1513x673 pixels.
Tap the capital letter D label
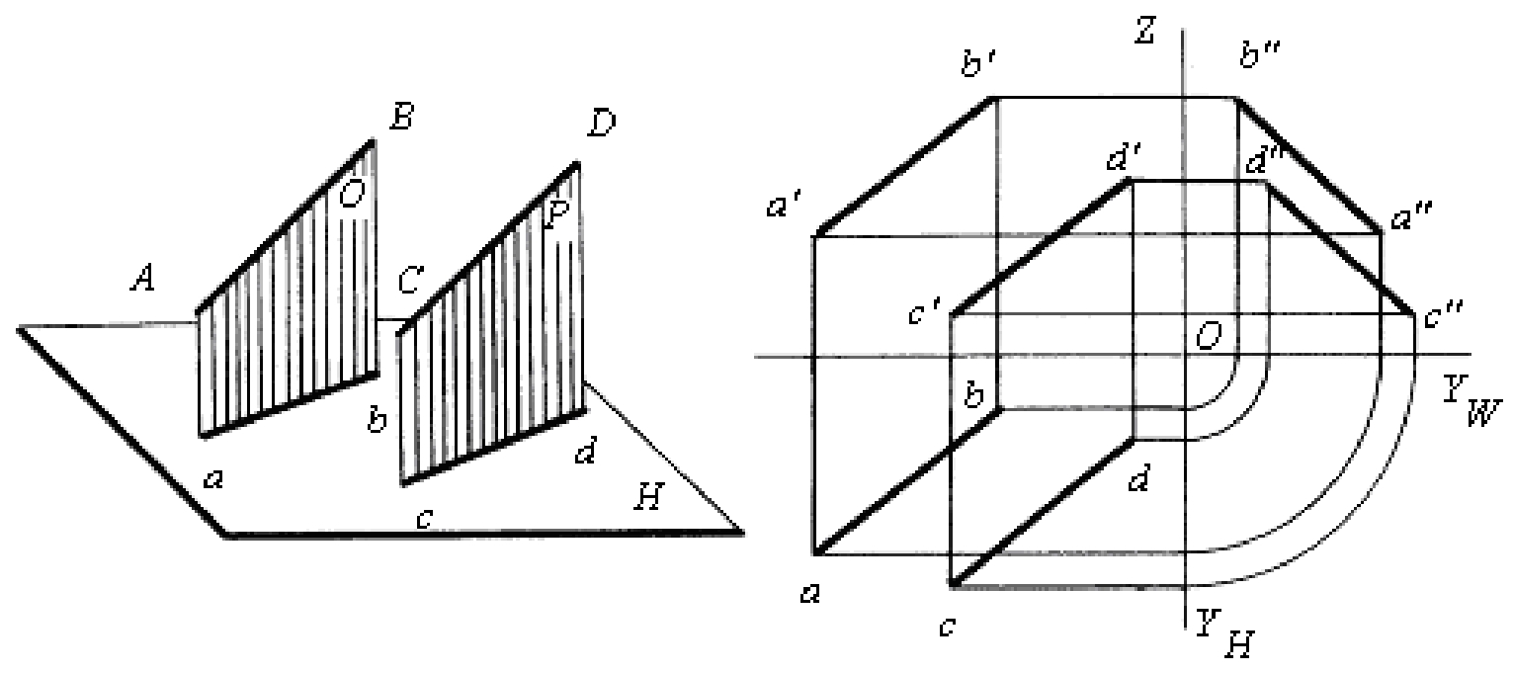[x=601, y=124]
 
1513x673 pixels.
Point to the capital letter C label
[x=410, y=280]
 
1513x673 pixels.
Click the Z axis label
[x=1145, y=31]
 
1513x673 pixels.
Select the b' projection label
[x=976, y=65]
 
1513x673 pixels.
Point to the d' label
[x=1124, y=159]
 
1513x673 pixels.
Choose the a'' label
[x=1410, y=217]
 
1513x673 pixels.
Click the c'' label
[x=1444, y=315]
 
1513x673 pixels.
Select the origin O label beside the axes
[x=1209, y=335]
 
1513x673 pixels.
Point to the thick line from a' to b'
[x=905, y=167]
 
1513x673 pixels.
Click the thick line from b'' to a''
[x=1309, y=166]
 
